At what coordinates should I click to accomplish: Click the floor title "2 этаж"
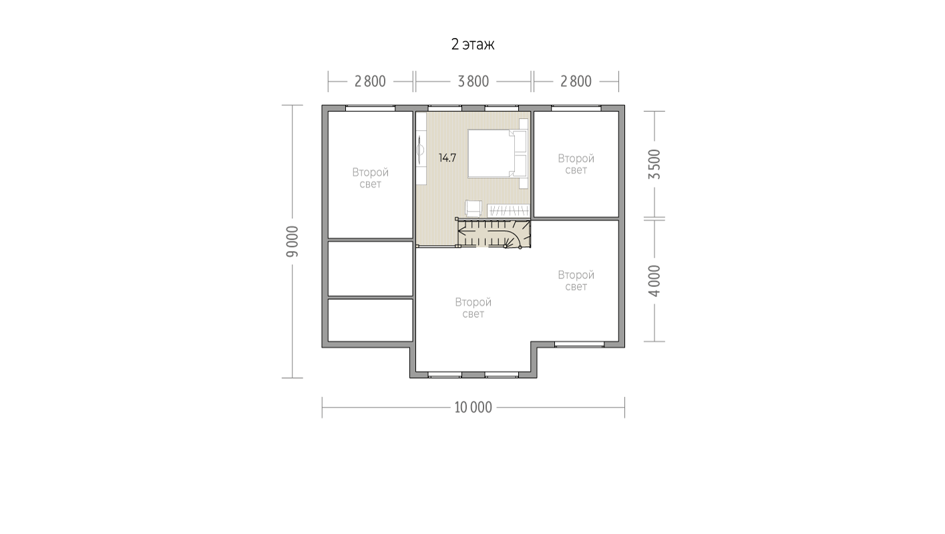pyautogui.click(x=473, y=44)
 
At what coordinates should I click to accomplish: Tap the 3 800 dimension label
pyautogui.click(x=474, y=81)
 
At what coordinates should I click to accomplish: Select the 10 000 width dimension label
pyautogui.click(x=473, y=407)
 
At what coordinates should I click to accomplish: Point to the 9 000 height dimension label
pyautogui.click(x=293, y=241)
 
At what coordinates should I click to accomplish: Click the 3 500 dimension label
pyautogui.click(x=654, y=164)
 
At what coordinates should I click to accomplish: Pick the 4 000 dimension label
pyautogui.click(x=654, y=281)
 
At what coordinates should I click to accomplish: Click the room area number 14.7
pyautogui.click(x=447, y=158)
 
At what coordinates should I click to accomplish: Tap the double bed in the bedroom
pyautogui.click(x=498, y=154)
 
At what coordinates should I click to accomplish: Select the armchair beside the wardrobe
pyautogui.click(x=474, y=208)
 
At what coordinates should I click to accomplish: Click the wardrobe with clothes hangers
pyautogui.click(x=508, y=210)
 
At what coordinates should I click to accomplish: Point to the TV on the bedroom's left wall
pyautogui.click(x=420, y=150)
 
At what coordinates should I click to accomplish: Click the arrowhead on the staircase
pyautogui.click(x=461, y=231)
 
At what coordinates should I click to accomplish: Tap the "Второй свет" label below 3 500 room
pyautogui.click(x=576, y=280)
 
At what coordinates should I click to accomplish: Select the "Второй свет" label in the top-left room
pyautogui.click(x=371, y=178)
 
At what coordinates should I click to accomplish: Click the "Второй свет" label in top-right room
pyautogui.click(x=576, y=164)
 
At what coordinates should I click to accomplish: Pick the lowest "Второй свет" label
pyautogui.click(x=473, y=308)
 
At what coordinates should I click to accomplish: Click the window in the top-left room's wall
pyautogui.click(x=371, y=108)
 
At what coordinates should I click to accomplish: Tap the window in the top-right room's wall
pyautogui.click(x=576, y=108)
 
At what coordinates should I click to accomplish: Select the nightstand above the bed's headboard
pyautogui.click(x=524, y=124)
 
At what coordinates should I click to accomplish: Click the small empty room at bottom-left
pyautogui.click(x=371, y=320)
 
